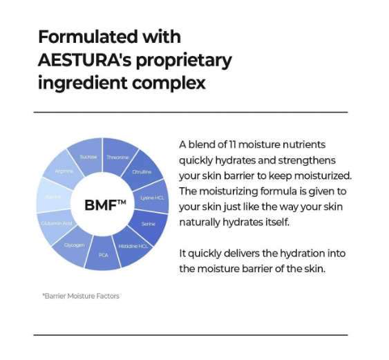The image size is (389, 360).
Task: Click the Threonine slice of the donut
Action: click(x=117, y=157)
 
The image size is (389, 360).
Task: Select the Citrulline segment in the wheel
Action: click(x=142, y=172)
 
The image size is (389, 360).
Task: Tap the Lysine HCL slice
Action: click(x=153, y=198)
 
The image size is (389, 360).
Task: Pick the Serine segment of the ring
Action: click(x=149, y=224)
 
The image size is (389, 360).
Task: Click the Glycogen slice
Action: click(x=74, y=245)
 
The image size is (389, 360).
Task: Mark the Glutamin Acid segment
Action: click(x=57, y=224)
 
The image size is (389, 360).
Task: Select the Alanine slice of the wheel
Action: click(x=53, y=197)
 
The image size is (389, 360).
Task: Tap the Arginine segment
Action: click(x=64, y=171)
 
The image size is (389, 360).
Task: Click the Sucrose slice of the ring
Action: click(x=88, y=157)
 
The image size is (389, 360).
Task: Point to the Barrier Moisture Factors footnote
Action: click(x=81, y=296)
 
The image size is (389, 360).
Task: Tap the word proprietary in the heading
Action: click(x=187, y=60)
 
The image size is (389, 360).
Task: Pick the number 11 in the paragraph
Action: click(x=239, y=144)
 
